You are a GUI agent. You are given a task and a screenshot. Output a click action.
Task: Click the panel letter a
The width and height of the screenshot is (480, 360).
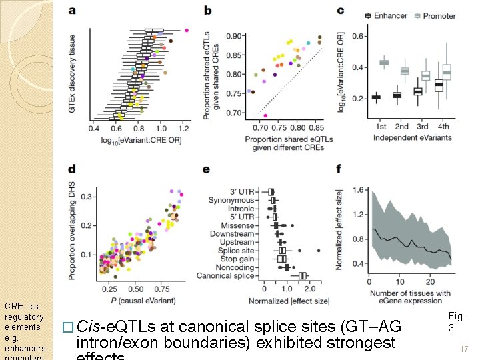click(x=72, y=11)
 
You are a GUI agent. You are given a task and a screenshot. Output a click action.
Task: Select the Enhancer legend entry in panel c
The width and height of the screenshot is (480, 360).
click(x=389, y=16)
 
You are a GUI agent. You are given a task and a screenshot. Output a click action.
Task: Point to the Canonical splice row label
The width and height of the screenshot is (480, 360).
click(x=225, y=276)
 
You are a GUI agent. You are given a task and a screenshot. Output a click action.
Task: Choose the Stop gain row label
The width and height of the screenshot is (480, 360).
click(x=238, y=259)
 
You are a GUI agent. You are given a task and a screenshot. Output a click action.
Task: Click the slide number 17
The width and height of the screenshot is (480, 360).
click(x=464, y=349)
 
